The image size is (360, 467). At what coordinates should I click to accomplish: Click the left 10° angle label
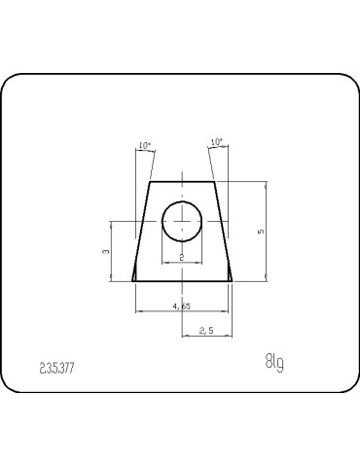145,145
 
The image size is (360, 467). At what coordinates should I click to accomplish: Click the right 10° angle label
216,142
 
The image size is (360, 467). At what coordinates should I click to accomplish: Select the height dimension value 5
260,232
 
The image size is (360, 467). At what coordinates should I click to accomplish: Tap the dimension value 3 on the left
105,251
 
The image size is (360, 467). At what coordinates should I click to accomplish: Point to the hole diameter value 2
182,257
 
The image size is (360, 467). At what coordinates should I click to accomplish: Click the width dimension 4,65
181,306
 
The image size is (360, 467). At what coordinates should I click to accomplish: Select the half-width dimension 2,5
206,332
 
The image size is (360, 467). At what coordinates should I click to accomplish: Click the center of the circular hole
182,221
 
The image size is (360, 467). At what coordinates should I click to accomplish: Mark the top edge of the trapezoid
182,181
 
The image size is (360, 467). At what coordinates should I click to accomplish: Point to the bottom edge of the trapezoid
182,281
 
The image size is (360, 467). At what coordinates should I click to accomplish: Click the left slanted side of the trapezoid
140,232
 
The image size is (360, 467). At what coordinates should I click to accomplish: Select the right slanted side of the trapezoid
224,232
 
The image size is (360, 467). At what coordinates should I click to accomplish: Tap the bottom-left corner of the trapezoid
132,281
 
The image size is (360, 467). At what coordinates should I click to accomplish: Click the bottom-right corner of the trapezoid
233,281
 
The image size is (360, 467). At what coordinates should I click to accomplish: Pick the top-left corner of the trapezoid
149,181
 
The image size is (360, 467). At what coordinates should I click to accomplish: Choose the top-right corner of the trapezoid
215,181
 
